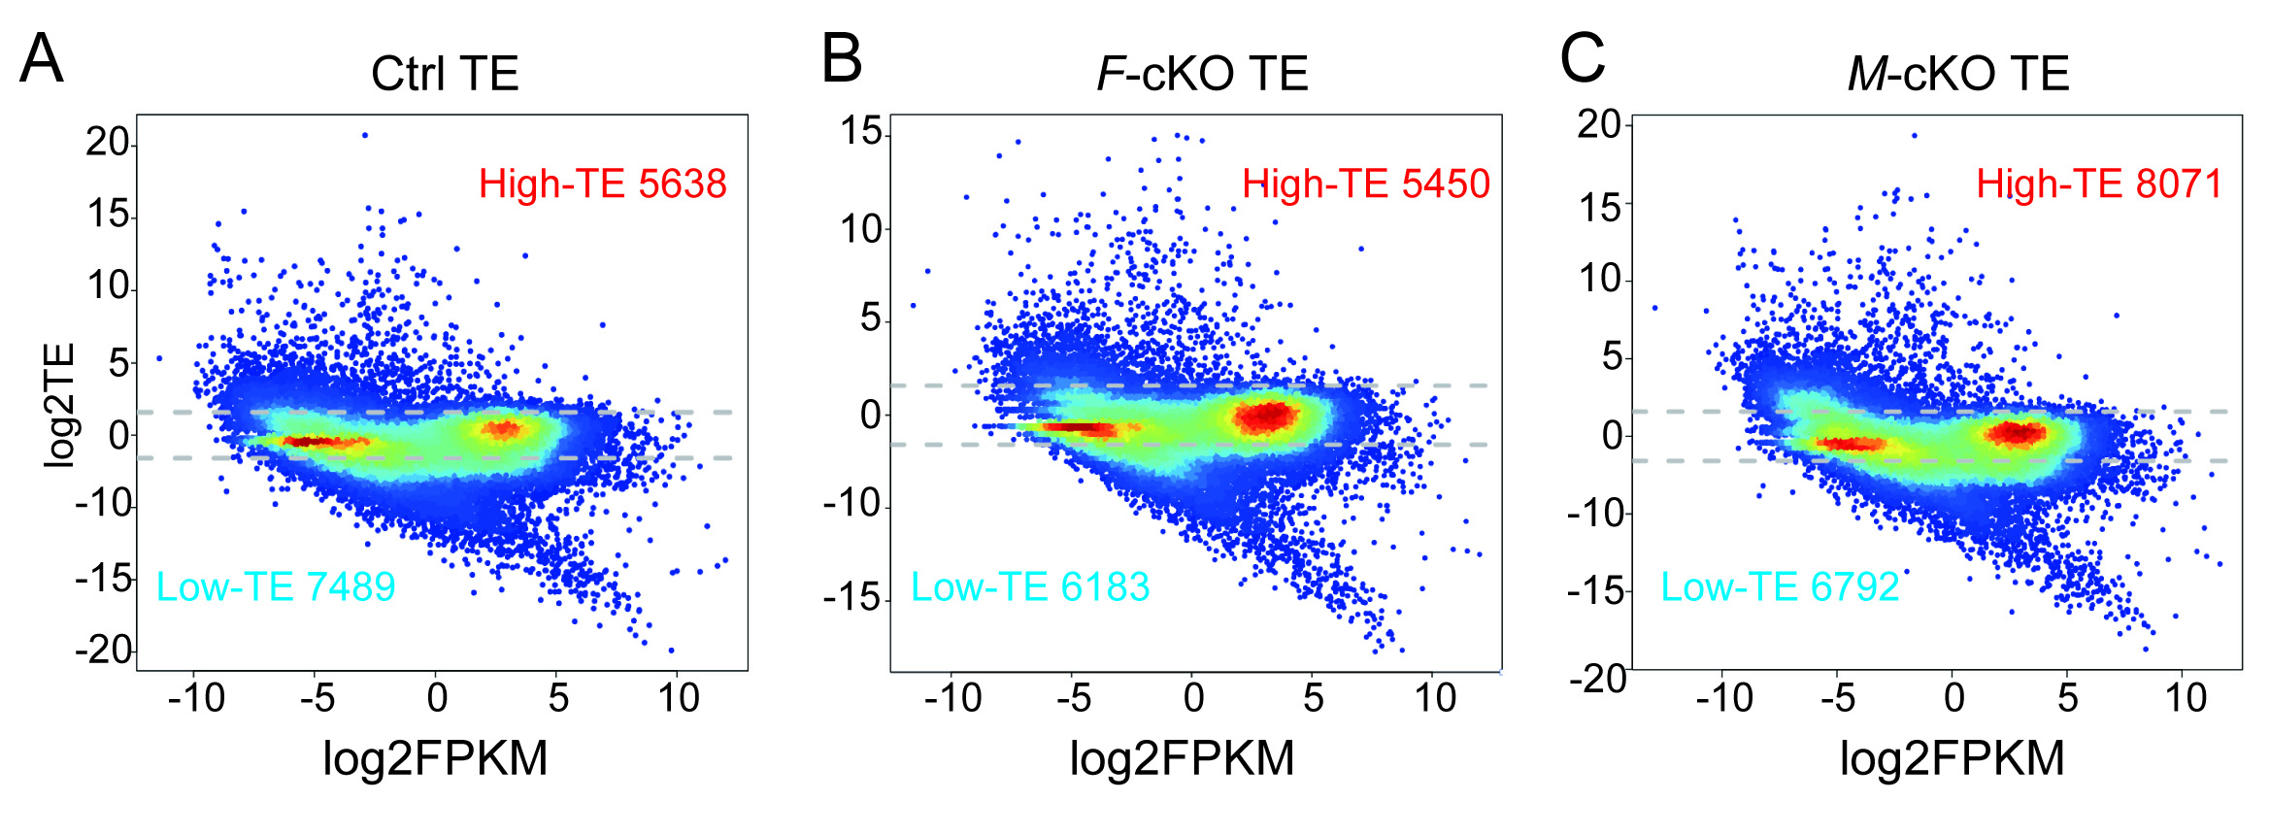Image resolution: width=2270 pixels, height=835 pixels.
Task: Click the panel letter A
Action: click(x=42, y=59)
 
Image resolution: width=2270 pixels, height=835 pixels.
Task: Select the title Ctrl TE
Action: click(x=445, y=74)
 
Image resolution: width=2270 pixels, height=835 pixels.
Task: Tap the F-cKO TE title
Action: click(x=1202, y=74)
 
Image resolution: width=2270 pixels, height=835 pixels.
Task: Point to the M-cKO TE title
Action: click(x=1957, y=74)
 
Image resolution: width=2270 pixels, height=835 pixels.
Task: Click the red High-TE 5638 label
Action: click(x=602, y=184)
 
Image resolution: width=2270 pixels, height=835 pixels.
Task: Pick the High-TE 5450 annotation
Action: click(x=1365, y=184)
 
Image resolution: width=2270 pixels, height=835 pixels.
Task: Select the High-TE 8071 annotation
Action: click(x=2099, y=184)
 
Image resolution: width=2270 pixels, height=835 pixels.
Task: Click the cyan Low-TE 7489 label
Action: click(x=276, y=586)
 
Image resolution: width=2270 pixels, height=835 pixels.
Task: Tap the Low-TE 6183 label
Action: click(x=1030, y=586)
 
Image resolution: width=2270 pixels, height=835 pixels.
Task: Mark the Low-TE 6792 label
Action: click(x=1779, y=586)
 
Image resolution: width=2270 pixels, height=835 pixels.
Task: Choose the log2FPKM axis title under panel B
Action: click(x=1182, y=758)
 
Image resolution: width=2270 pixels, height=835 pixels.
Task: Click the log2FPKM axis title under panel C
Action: click(x=1952, y=758)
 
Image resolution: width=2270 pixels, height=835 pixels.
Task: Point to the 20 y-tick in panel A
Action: click(x=107, y=143)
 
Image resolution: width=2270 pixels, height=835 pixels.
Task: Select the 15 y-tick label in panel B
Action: click(x=861, y=131)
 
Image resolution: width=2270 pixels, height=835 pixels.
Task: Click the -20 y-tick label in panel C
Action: click(x=1597, y=678)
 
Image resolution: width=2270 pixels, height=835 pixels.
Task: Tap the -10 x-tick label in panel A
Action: click(x=196, y=698)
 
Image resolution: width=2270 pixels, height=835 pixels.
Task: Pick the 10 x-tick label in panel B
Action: click(x=1435, y=698)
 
